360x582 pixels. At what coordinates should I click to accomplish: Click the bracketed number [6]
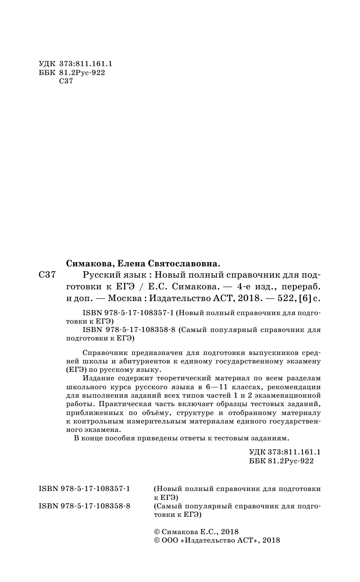click(x=303, y=297)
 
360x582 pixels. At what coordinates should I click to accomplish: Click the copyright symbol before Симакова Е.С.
click(x=157, y=531)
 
